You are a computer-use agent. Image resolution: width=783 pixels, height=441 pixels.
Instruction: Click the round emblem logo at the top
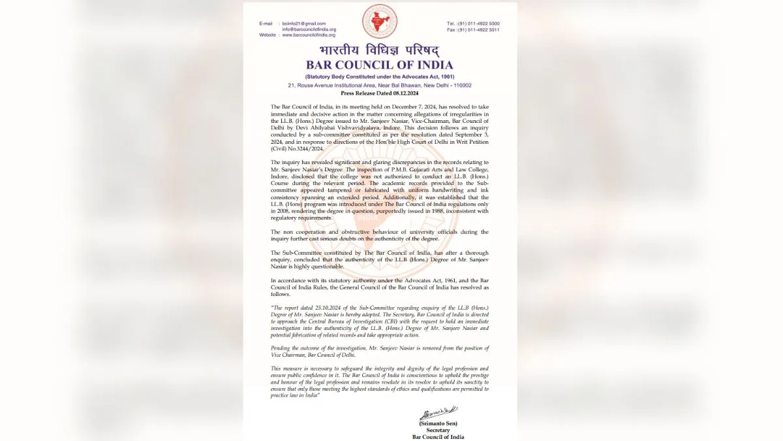[x=380, y=22]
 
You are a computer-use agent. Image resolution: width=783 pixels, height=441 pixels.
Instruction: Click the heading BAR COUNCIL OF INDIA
[x=379, y=65]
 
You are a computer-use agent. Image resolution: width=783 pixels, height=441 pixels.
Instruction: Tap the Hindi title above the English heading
[x=379, y=50]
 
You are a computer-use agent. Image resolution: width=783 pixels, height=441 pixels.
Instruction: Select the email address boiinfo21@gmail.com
[x=304, y=24]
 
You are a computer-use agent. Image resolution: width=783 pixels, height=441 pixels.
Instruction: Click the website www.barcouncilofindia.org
[x=309, y=35]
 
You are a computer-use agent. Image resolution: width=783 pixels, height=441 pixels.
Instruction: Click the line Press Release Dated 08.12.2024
[x=379, y=93]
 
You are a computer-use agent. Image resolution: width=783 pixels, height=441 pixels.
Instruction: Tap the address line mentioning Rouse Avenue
[x=379, y=86]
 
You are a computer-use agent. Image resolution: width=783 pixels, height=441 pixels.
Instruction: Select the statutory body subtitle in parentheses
[x=379, y=77]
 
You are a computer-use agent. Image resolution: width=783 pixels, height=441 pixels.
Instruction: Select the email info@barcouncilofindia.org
[x=309, y=29]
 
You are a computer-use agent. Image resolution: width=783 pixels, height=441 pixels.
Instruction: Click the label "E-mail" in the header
[x=267, y=24]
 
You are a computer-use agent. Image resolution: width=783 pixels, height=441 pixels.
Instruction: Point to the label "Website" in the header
[x=268, y=35]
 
